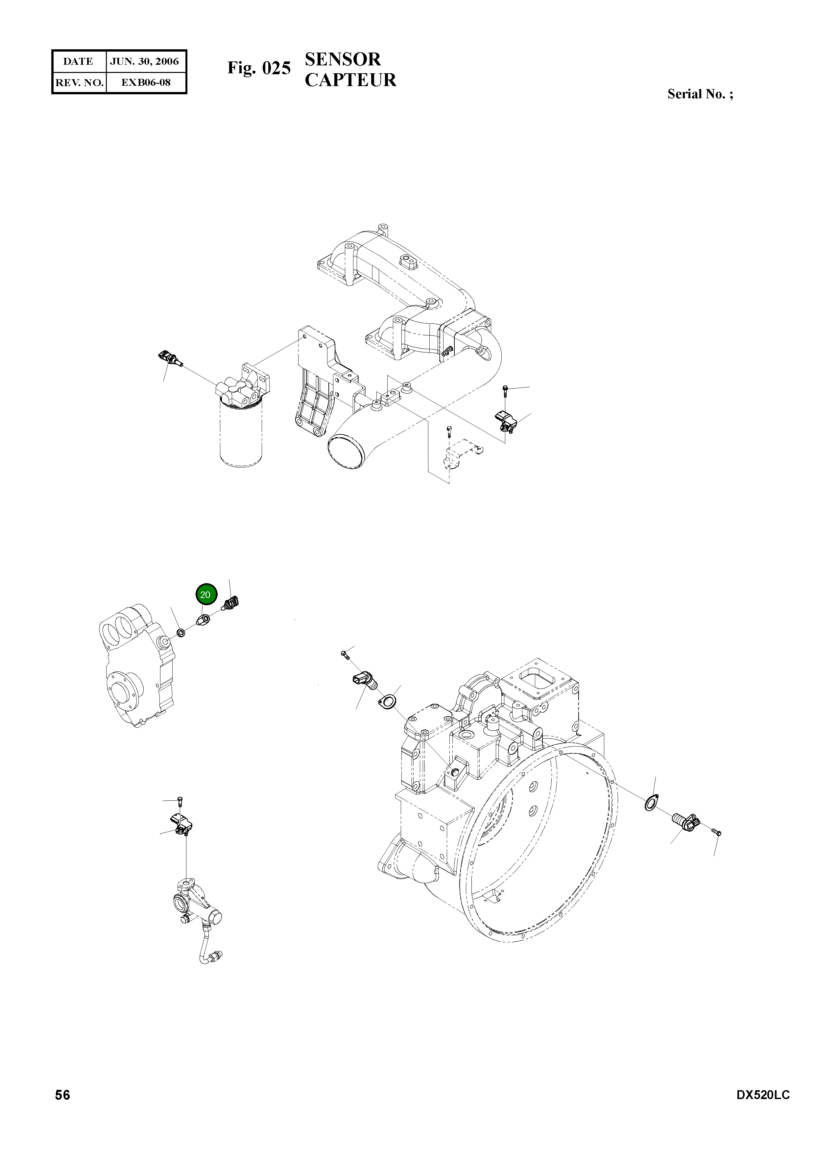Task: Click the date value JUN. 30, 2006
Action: point(144,61)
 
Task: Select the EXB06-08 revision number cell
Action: point(146,82)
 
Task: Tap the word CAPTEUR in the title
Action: point(350,80)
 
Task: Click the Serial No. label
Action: point(700,94)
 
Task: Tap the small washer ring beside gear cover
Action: point(180,633)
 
